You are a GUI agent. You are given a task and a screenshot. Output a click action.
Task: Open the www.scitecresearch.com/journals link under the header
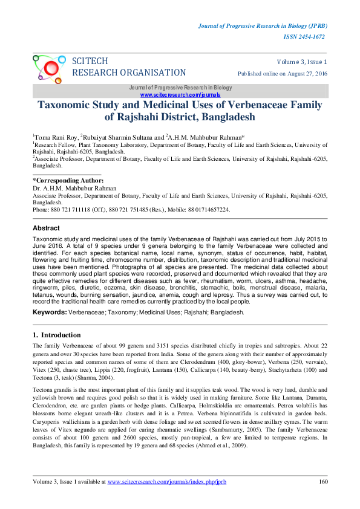point(180,96)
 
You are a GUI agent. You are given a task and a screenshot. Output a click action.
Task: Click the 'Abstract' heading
point(46,229)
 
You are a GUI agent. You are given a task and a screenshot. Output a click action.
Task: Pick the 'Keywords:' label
point(49,313)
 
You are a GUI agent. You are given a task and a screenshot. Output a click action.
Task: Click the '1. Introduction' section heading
point(56,335)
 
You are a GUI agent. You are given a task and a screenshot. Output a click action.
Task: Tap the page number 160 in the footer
point(322,482)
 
